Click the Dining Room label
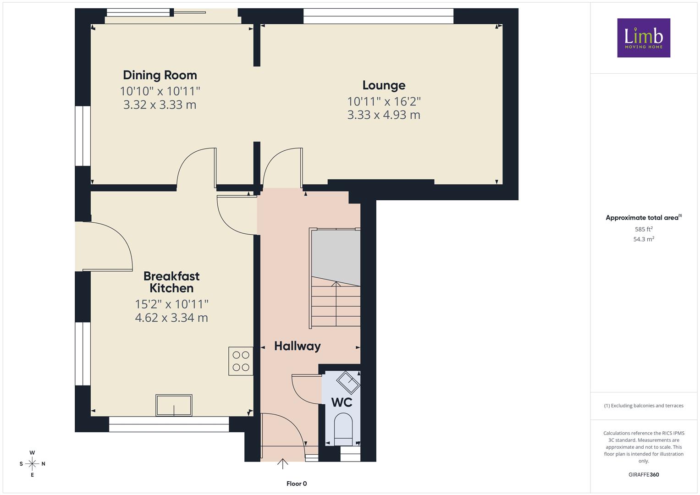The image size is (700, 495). (x=160, y=75)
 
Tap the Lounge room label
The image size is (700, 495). (x=384, y=85)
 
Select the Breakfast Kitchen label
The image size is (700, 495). (x=171, y=282)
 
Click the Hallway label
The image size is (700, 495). (x=297, y=346)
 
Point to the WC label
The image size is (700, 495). (x=342, y=402)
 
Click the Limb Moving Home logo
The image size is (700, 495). (x=644, y=38)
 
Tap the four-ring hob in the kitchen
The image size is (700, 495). (x=241, y=361)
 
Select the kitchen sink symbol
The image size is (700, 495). (x=174, y=405)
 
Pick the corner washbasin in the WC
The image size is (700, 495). (x=348, y=382)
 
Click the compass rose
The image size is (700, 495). (x=32, y=464)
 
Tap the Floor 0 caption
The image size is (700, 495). (x=297, y=484)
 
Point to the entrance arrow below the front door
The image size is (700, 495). (x=282, y=464)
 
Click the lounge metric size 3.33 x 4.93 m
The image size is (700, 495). (x=384, y=115)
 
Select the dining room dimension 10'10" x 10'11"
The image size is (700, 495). (x=160, y=91)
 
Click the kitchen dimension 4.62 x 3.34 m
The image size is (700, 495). (x=171, y=318)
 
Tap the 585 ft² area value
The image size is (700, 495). (x=644, y=229)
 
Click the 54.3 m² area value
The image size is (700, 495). (x=644, y=239)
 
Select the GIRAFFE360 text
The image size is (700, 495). (x=644, y=475)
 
